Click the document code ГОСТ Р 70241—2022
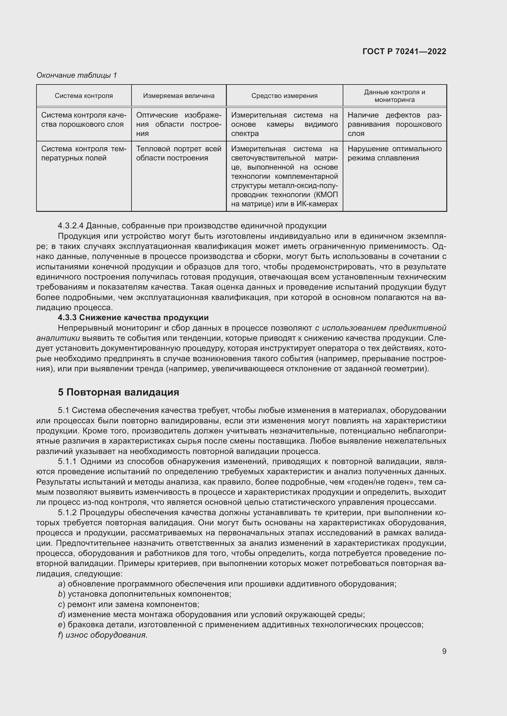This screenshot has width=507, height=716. click(x=404, y=52)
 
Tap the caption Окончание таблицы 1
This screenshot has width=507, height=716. click(x=77, y=75)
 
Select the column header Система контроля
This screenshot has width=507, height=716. click(x=84, y=96)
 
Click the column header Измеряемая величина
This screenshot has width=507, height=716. click(x=179, y=96)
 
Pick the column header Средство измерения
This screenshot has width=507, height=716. click(x=284, y=96)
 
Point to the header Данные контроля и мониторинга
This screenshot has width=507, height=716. click(x=394, y=96)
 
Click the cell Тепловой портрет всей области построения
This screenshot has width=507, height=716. click(x=179, y=153)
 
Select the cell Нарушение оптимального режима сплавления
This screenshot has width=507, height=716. click(x=394, y=153)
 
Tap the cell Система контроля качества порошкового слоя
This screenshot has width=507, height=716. click(x=84, y=120)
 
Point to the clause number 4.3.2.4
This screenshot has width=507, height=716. click(x=71, y=226)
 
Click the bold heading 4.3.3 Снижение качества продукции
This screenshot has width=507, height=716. click(x=133, y=317)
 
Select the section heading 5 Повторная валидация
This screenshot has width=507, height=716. click(x=118, y=392)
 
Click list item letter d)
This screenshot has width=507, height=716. click(x=62, y=615)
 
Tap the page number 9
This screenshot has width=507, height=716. click(x=444, y=651)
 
